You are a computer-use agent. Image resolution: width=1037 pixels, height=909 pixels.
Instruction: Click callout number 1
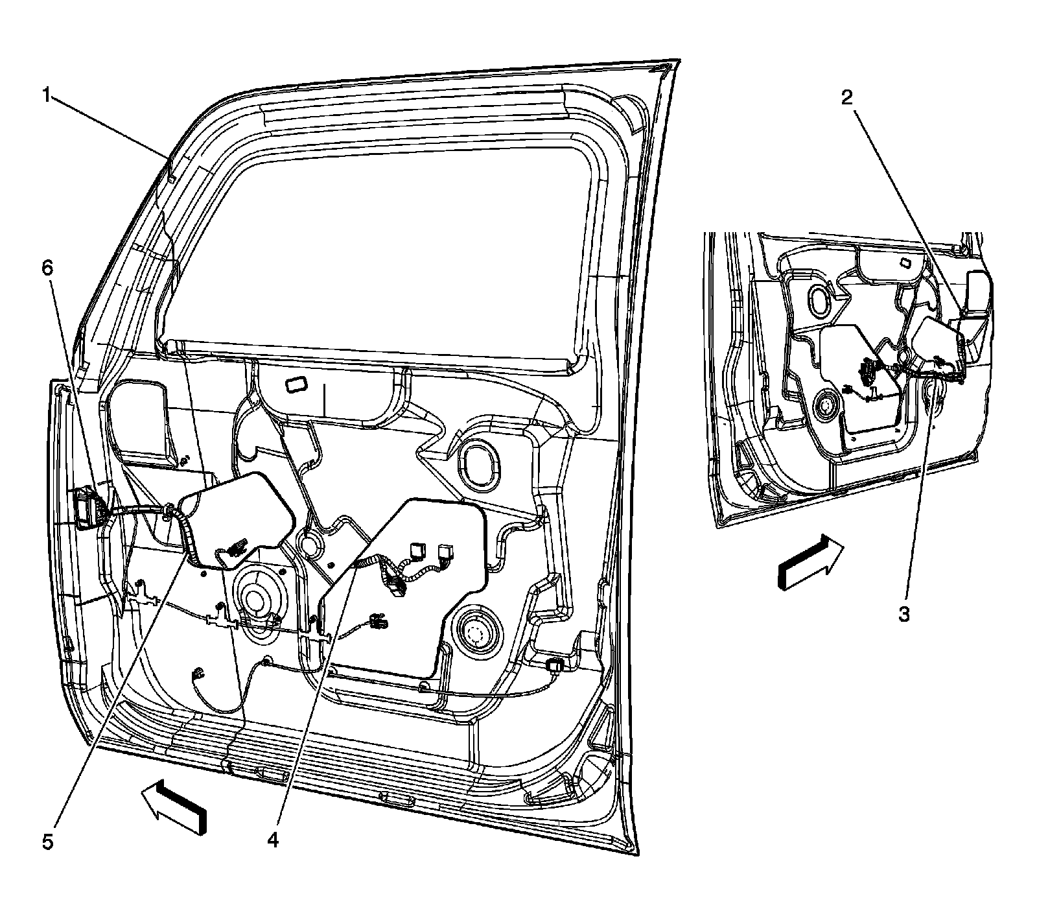click(x=47, y=96)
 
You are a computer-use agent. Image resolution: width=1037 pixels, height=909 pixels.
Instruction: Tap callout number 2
click(x=846, y=98)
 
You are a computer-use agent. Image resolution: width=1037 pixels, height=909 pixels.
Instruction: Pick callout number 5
click(x=46, y=841)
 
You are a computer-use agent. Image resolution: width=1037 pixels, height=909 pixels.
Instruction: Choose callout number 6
click(x=46, y=268)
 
